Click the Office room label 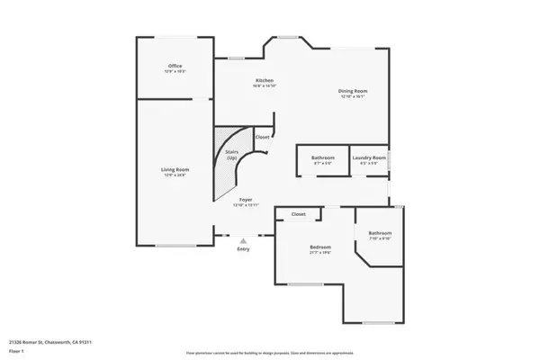[x=175, y=66]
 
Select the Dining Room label [x=352, y=92]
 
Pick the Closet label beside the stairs [x=262, y=138]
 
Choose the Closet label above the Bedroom [x=298, y=214]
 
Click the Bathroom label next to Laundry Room [x=324, y=157]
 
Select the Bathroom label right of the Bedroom [x=380, y=233]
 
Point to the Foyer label [x=246, y=200]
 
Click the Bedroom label [x=320, y=247]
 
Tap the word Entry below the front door [x=243, y=248]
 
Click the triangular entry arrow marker [x=243, y=238]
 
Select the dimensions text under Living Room [x=175, y=175]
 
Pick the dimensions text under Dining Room [x=352, y=97]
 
